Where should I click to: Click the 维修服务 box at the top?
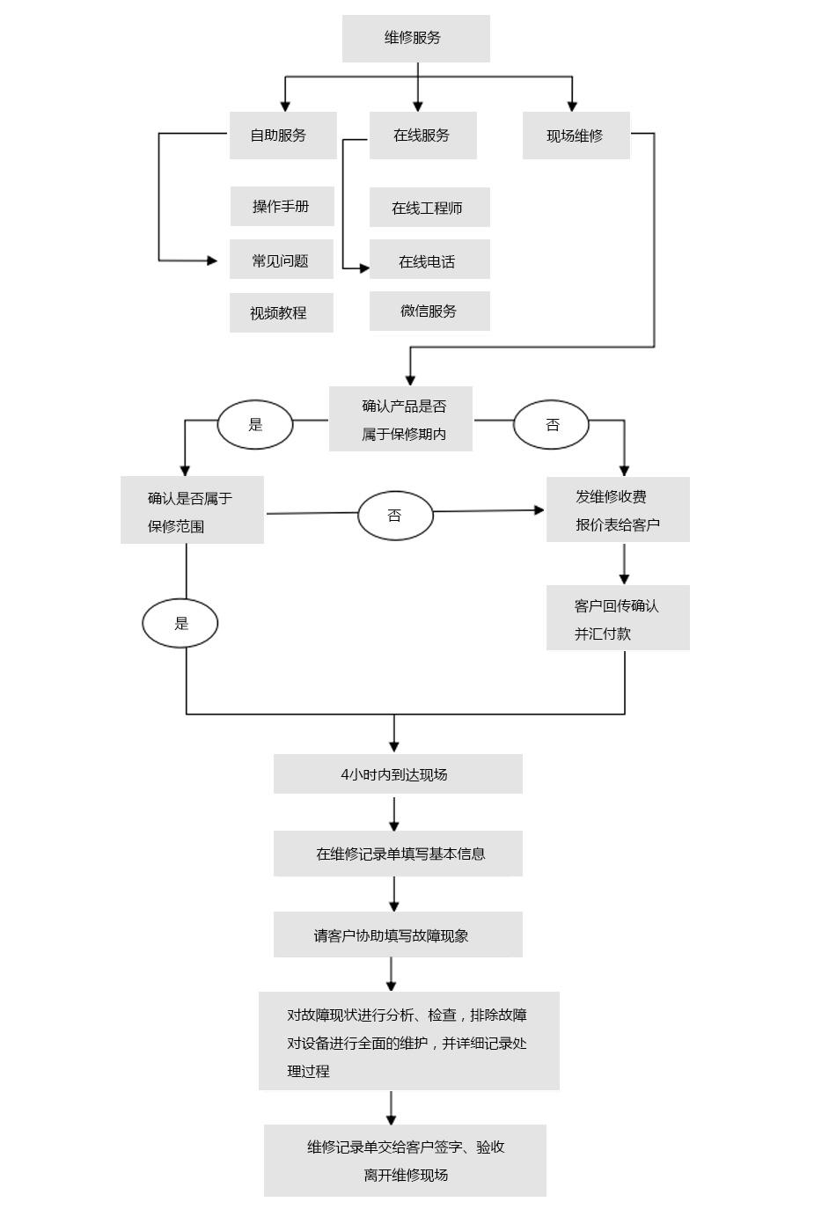tap(415, 39)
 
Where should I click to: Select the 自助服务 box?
tap(282, 136)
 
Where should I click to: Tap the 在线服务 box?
tap(422, 136)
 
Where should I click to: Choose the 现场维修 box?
tap(576, 136)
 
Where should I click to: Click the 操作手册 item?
tap(282, 207)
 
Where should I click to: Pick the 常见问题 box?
tap(281, 260)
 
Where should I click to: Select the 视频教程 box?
tap(281, 313)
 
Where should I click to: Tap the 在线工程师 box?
tap(429, 208)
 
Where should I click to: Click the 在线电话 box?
tap(429, 260)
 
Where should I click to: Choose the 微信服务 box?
tap(429, 311)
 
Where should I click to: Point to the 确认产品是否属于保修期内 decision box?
tap(400, 420)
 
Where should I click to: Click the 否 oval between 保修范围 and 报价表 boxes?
tap(395, 516)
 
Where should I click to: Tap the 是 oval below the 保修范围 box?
tap(180, 623)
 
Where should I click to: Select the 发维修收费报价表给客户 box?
tap(618, 510)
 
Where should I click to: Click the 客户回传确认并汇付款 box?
tap(618, 619)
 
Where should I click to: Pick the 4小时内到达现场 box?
tap(398, 774)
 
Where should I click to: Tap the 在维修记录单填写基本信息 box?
tap(398, 854)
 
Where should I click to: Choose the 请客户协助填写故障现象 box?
tap(398, 934)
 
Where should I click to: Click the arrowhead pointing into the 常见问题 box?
tap(212, 260)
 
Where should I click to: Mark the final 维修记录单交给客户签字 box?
tap(405, 1161)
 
